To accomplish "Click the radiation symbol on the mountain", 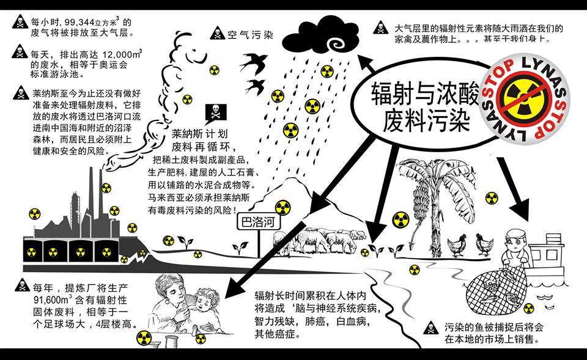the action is point(282,207).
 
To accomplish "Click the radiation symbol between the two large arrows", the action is point(400,219).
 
